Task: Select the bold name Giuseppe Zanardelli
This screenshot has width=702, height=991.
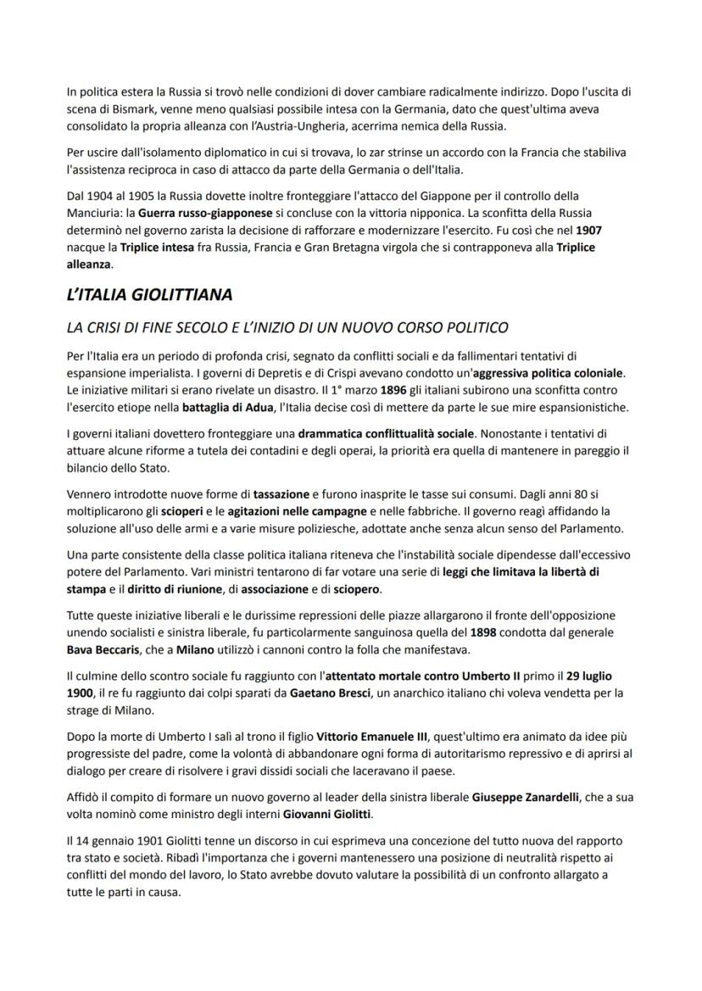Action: point(524,798)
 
